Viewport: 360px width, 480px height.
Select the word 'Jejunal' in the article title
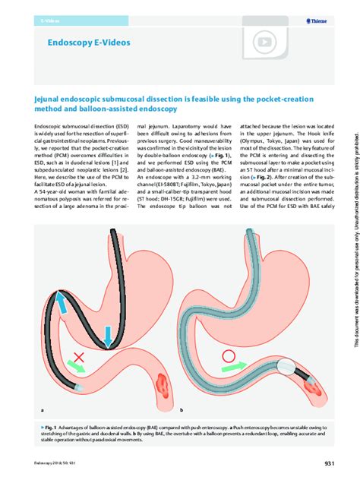coord(50,99)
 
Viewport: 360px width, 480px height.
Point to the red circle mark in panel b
coord(229,355)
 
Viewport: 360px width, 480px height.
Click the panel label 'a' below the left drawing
coord(30,409)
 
